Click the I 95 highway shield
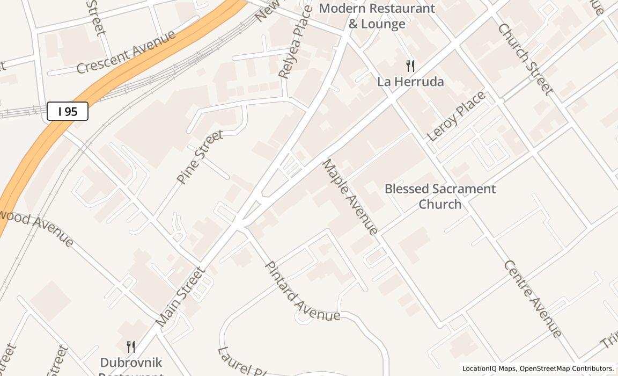click(x=68, y=112)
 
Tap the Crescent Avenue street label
click(x=126, y=52)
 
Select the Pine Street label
click(x=200, y=157)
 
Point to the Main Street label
click(x=180, y=297)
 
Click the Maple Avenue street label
click(x=350, y=197)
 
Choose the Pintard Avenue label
click(x=302, y=292)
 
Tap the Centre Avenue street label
click(x=533, y=299)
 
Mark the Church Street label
click(x=525, y=59)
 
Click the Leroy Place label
click(x=457, y=116)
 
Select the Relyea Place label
click(x=296, y=42)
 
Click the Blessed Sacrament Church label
click(x=440, y=197)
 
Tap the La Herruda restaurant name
click(x=410, y=82)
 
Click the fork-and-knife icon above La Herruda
click(x=410, y=66)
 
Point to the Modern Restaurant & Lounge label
click(x=377, y=16)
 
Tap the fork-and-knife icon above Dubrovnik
click(x=130, y=346)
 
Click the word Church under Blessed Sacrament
click(x=440, y=205)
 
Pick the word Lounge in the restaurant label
click(x=384, y=24)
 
